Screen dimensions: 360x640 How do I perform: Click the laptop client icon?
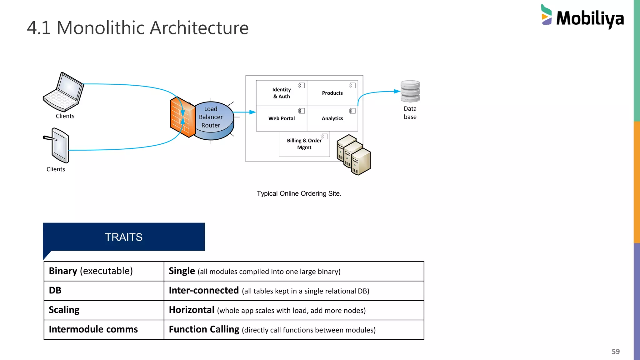[64, 92]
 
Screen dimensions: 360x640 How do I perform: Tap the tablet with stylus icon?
[57, 145]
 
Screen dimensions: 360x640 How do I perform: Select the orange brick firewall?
[182, 117]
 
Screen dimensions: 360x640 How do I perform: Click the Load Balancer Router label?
[211, 117]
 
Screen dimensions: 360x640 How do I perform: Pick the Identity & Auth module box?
[282, 93]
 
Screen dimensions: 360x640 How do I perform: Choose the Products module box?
[332, 93]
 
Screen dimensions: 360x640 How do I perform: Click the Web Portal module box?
[282, 118]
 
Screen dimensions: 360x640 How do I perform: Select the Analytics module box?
[332, 118]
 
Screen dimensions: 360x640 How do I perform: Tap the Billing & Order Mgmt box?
[304, 144]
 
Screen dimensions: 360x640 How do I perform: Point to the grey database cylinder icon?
[410, 91]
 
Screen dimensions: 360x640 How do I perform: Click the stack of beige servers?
[354, 155]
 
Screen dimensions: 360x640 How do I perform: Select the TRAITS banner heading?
[124, 237]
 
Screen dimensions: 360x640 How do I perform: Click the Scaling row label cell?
[64, 310]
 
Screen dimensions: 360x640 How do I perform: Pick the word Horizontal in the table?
[192, 310]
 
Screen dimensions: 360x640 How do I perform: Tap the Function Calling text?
[204, 329]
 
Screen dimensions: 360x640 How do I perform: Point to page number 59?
[615, 352]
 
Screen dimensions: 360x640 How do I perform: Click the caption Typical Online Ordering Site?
[299, 194]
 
